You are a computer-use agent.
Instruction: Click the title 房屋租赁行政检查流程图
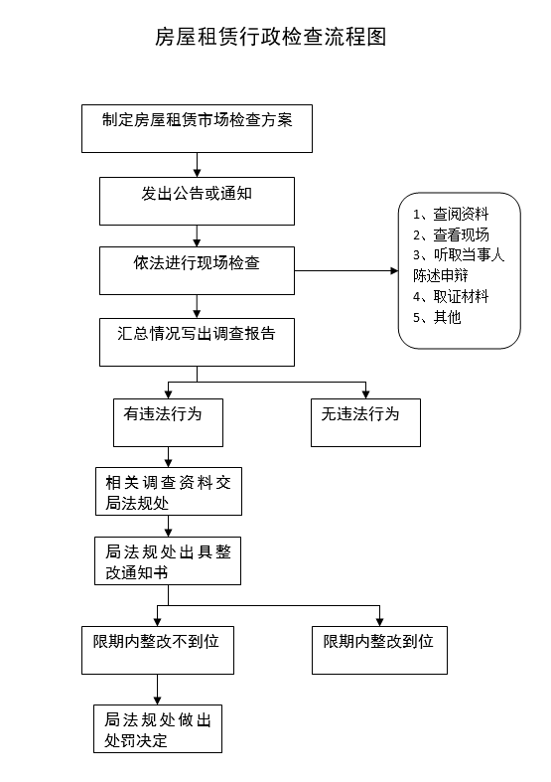tap(270, 37)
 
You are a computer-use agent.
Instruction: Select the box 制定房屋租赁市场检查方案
tap(197, 128)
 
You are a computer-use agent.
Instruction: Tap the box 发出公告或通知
tap(197, 201)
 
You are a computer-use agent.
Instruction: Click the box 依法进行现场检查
tap(197, 270)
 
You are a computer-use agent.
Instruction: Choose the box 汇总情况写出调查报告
tap(197, 342)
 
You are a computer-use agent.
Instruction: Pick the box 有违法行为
tap(168, 422)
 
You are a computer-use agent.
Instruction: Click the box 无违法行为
tap(365, 422)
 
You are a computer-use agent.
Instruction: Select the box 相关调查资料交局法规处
tap(169, 491)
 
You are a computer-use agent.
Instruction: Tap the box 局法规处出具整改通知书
tap(168, 560)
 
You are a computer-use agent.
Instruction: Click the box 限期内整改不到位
tap(158, 650)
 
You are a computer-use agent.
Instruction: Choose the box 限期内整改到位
tap(379, 650)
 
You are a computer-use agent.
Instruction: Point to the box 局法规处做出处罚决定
tap(158, 728)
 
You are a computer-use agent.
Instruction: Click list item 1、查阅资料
tap(451, 214)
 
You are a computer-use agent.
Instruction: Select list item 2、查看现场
tap(451, 235)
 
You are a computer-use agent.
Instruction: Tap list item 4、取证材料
tap(451, 296)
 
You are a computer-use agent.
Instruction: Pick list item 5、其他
tap(437, 317)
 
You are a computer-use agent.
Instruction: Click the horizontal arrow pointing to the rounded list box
tap(346, 271)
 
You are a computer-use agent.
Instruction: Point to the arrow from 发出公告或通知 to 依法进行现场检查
tap(197, 235)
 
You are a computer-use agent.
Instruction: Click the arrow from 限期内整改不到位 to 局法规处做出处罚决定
tap(158, 690)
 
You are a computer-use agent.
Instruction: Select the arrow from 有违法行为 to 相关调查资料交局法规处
tap(169, 457)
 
